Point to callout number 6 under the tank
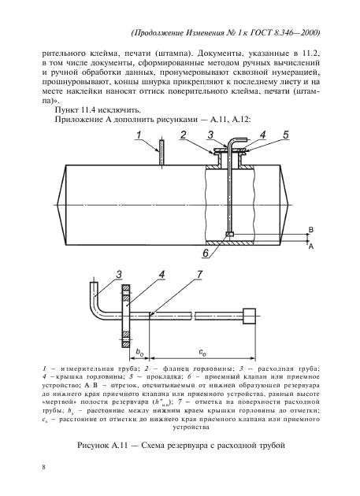point(205,254)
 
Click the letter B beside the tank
point(310,228)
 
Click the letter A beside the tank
point(310,246)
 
